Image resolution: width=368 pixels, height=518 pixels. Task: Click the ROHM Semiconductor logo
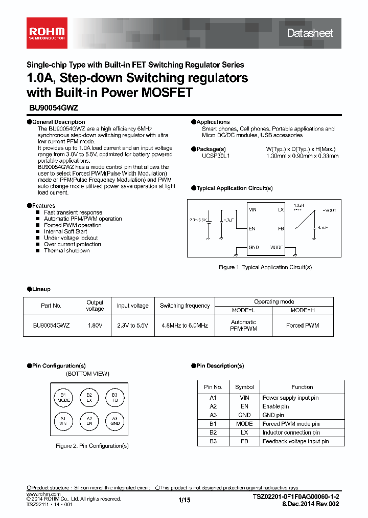(x=47, y=33)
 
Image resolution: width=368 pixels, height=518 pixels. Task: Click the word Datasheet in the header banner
(x=310, y=33)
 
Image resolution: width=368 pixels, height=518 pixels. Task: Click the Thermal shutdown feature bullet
(x=66, y=251)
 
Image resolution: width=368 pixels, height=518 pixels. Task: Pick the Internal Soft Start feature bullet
(x=65, y=231)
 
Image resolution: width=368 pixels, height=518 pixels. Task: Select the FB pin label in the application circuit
(x=281, y=229)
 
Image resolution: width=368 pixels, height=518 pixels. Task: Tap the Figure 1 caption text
(x=265, y=267)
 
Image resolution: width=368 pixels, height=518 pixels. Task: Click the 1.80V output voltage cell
(x=95, y=325)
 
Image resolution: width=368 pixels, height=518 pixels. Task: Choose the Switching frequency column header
(x=185, y=306)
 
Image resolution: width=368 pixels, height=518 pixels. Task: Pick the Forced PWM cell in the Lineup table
(x=303, y=325)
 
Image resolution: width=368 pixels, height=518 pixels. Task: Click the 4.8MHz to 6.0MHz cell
(x=185, y=325)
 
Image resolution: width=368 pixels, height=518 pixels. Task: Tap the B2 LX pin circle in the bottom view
(x=89, y=397)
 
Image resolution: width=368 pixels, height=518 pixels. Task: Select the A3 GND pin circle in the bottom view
(x=115, y=421)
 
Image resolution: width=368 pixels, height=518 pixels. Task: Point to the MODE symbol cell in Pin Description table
(x=244, y=424)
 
